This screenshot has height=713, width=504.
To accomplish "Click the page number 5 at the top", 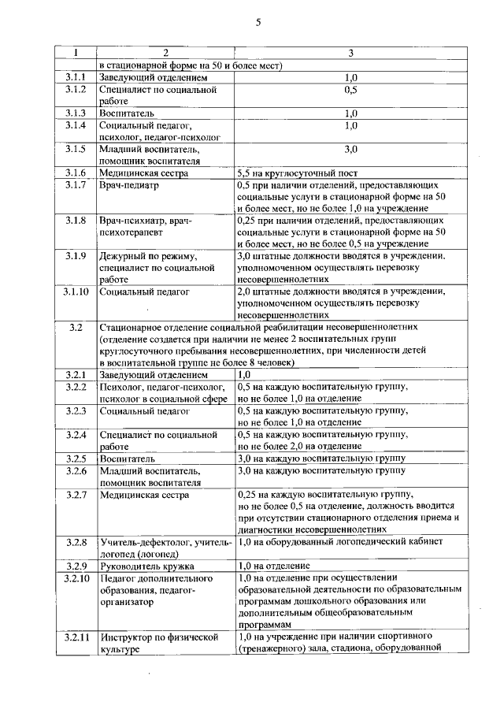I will coord(258,22).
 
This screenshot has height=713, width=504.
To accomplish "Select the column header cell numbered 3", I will coord(350,53).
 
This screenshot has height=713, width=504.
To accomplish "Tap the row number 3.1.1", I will coord(76,79).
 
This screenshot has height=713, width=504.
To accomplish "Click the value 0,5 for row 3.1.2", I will coord(350,91).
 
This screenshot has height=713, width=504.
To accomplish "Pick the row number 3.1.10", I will coord(76,292).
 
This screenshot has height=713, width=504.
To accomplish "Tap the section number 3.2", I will coord(76,326).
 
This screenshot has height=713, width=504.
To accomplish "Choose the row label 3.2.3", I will coord(76,410).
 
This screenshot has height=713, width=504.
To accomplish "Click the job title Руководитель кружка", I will coord(147,566).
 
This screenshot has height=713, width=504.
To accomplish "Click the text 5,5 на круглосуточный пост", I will coord(298,172).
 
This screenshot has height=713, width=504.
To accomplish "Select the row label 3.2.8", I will coord(76,542).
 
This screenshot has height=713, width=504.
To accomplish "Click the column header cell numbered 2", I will coord(166,53).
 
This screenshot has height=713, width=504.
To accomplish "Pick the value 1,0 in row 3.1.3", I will coord(350,113).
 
